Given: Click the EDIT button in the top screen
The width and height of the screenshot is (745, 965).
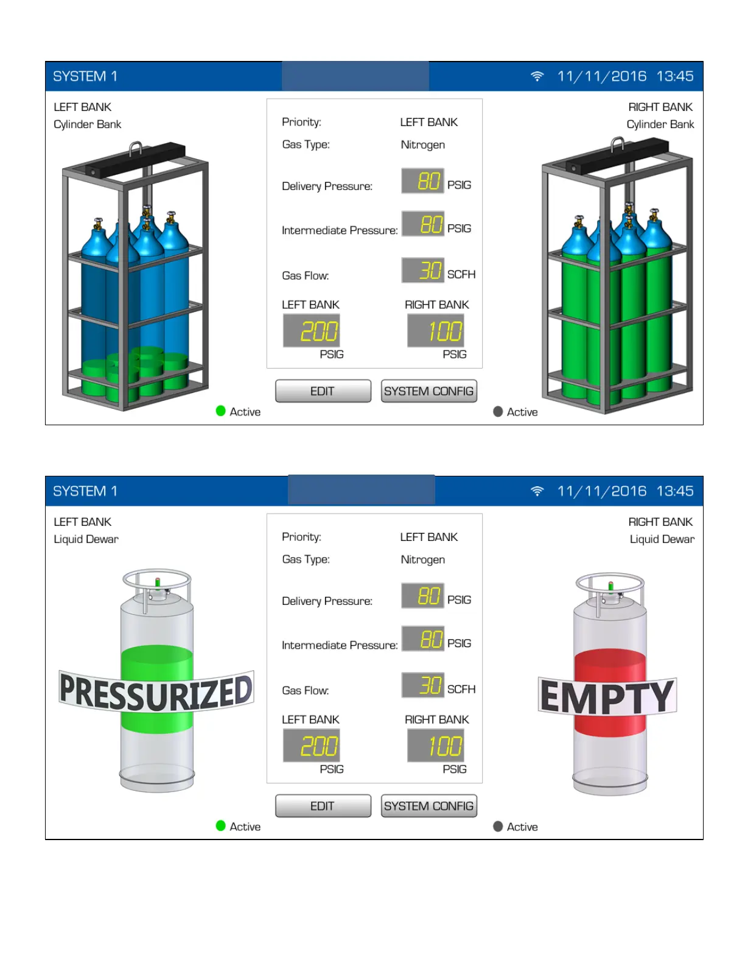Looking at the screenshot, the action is [x=323, y=391].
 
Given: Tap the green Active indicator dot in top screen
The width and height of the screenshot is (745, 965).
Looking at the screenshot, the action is [x=221, y=411].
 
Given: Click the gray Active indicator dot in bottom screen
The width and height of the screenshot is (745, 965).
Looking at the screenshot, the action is [x=498, y=826].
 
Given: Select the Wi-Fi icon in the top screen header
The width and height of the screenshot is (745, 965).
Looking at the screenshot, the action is [x=537, y=76].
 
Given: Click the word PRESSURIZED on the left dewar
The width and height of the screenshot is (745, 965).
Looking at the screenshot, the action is [x=156, y=692].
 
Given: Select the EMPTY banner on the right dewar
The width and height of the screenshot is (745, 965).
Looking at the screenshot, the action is [x=607, y=697].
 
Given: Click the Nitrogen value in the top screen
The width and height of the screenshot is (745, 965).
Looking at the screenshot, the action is [x=422, y=145].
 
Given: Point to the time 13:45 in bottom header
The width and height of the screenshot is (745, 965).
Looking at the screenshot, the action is [x=674, y=491].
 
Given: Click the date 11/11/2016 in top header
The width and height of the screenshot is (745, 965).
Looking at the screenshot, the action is [x=601, y=76].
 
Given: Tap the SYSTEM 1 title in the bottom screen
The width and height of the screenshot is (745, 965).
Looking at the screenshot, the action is [x=85, y=491].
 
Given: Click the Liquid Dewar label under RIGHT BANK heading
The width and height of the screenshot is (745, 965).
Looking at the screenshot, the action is [x=662, y=539].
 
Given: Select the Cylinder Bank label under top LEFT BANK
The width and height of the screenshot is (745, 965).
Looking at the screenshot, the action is [x=88, y=124].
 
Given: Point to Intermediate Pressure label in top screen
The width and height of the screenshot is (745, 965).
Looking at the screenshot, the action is [x=340, y=230].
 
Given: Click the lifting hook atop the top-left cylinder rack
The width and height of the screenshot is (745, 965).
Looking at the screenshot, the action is [x=136, y=148].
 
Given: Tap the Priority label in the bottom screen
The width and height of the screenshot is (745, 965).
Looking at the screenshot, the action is [x=301, y=537].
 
